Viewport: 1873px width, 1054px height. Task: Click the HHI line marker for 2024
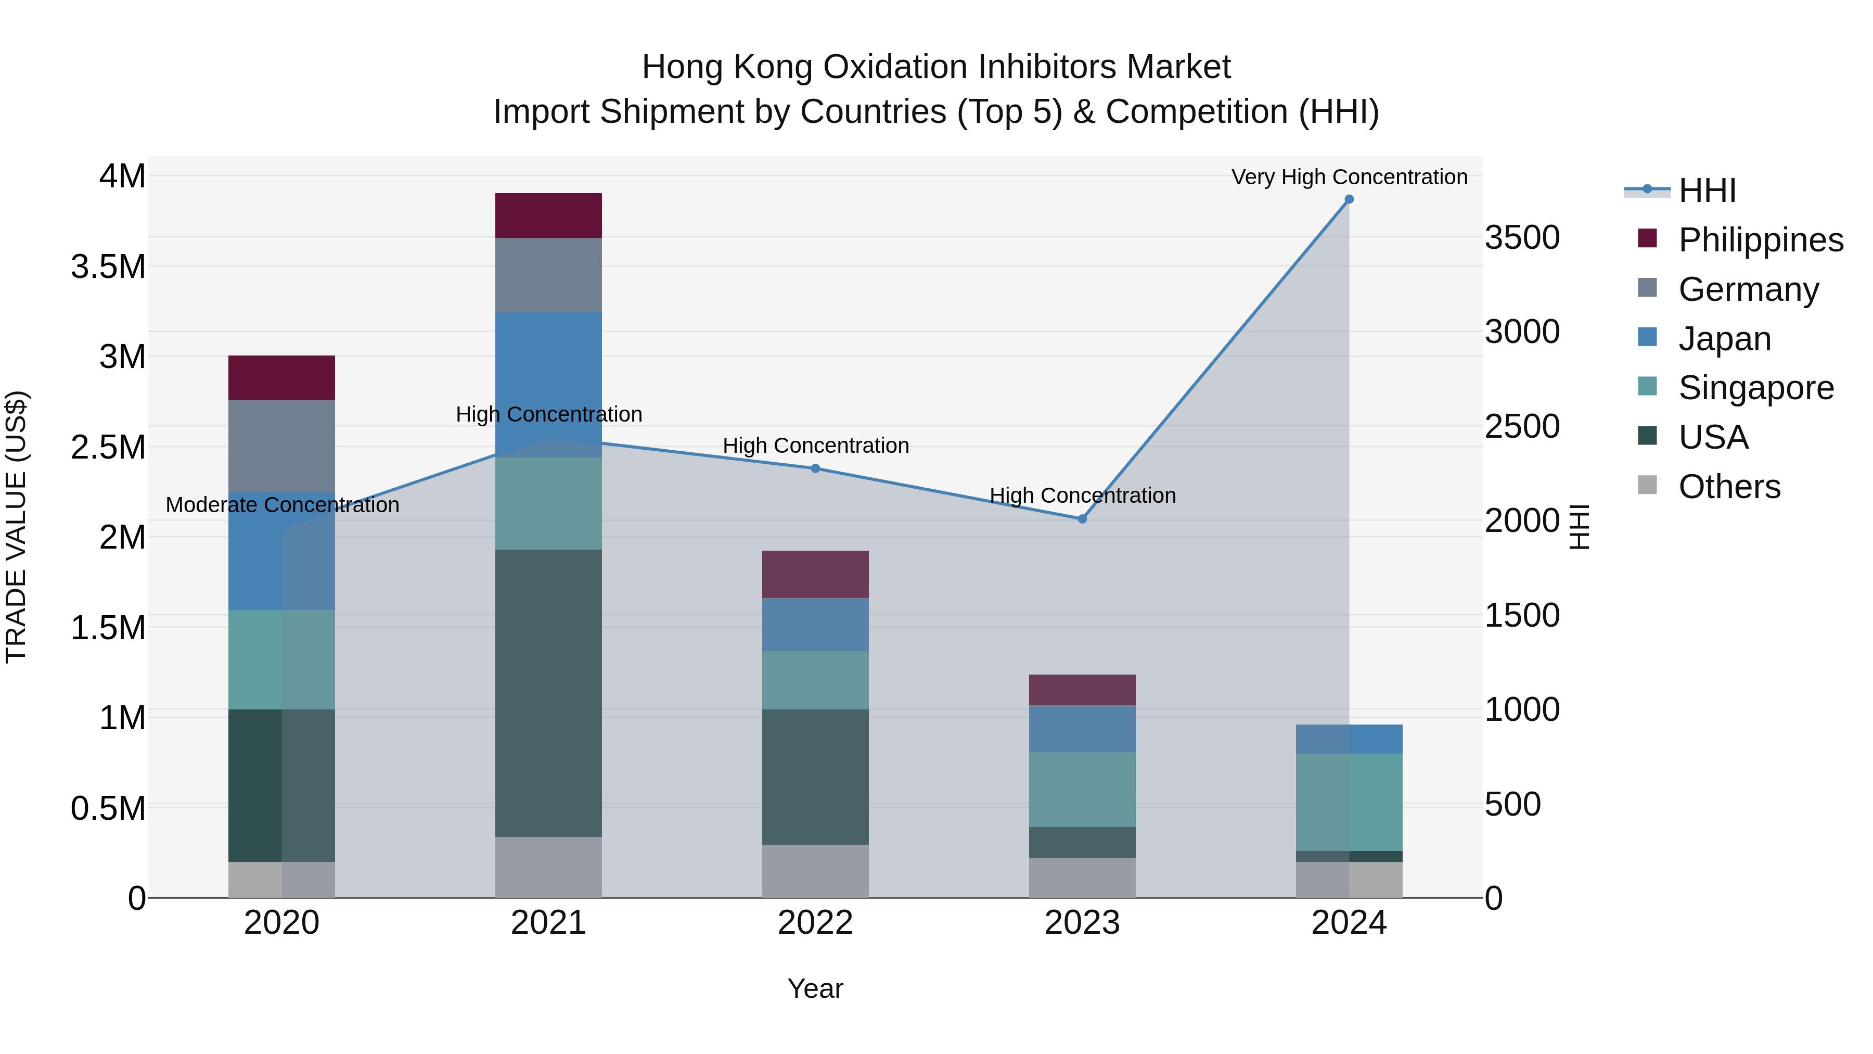point(1349,199)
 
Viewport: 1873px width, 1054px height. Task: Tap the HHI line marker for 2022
point(815,468)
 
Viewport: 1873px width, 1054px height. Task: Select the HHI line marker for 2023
point(1082,518)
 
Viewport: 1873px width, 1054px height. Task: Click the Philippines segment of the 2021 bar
point(548,215)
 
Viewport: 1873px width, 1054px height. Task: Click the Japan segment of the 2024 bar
point(1349,739)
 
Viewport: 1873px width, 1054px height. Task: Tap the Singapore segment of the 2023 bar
point(1082,789)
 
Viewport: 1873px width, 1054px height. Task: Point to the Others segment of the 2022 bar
point(815,871)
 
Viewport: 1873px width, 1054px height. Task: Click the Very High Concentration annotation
point(1349,177)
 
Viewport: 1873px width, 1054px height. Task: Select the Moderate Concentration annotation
point(282,505)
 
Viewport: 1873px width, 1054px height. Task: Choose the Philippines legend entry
point(1760,240)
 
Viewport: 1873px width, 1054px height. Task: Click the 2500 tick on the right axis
point(1522,426)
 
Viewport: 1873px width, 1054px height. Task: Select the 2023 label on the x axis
point(1082,923)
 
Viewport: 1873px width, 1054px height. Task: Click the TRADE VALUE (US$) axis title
point(16,527)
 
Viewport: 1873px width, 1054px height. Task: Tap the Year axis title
point(815,988)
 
